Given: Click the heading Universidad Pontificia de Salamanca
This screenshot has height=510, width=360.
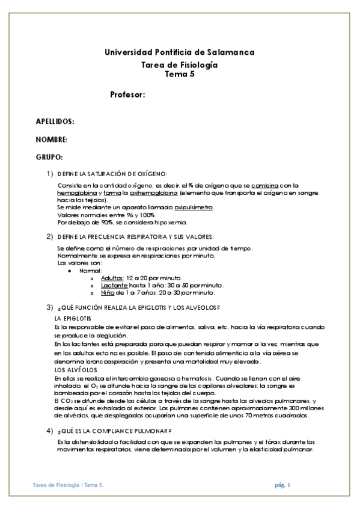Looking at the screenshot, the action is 179,52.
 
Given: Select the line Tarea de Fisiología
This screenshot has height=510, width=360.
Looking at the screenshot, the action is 179,64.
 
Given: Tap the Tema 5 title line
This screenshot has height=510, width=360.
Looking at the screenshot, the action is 179,74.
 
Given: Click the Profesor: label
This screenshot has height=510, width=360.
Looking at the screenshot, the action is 129,95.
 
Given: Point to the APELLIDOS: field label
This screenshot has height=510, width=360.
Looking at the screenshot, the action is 55,121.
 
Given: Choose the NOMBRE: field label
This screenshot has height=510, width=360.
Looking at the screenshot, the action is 52,139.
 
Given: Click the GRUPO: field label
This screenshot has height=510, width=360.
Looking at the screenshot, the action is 50,156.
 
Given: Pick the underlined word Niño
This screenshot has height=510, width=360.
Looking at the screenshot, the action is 108,292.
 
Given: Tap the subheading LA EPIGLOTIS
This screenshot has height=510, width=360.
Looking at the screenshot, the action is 73,318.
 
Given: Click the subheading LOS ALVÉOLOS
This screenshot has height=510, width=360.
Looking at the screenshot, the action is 72,369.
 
